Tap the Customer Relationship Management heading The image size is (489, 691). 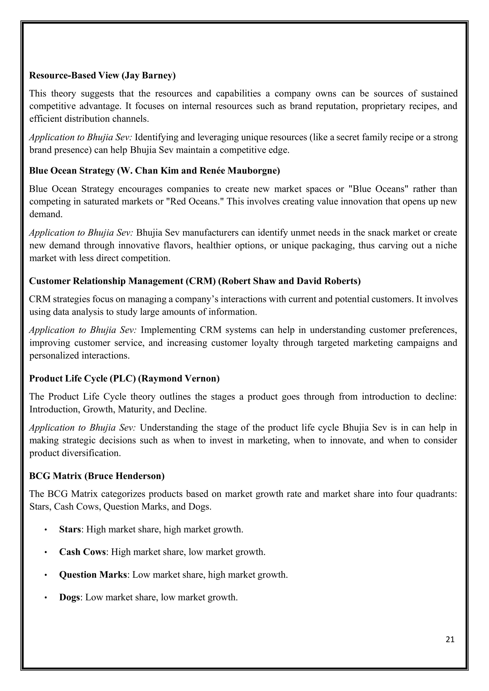[x=195, y=281]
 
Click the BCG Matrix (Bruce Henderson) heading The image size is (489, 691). [x=97, y=476]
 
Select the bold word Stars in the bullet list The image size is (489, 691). [x=70, y=529]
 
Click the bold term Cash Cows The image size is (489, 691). [x=82, y=552]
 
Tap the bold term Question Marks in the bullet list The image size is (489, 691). [x=93, y=575]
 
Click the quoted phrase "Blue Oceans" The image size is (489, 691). [x=378, y=189]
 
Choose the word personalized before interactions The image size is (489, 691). [x=53, y=356]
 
